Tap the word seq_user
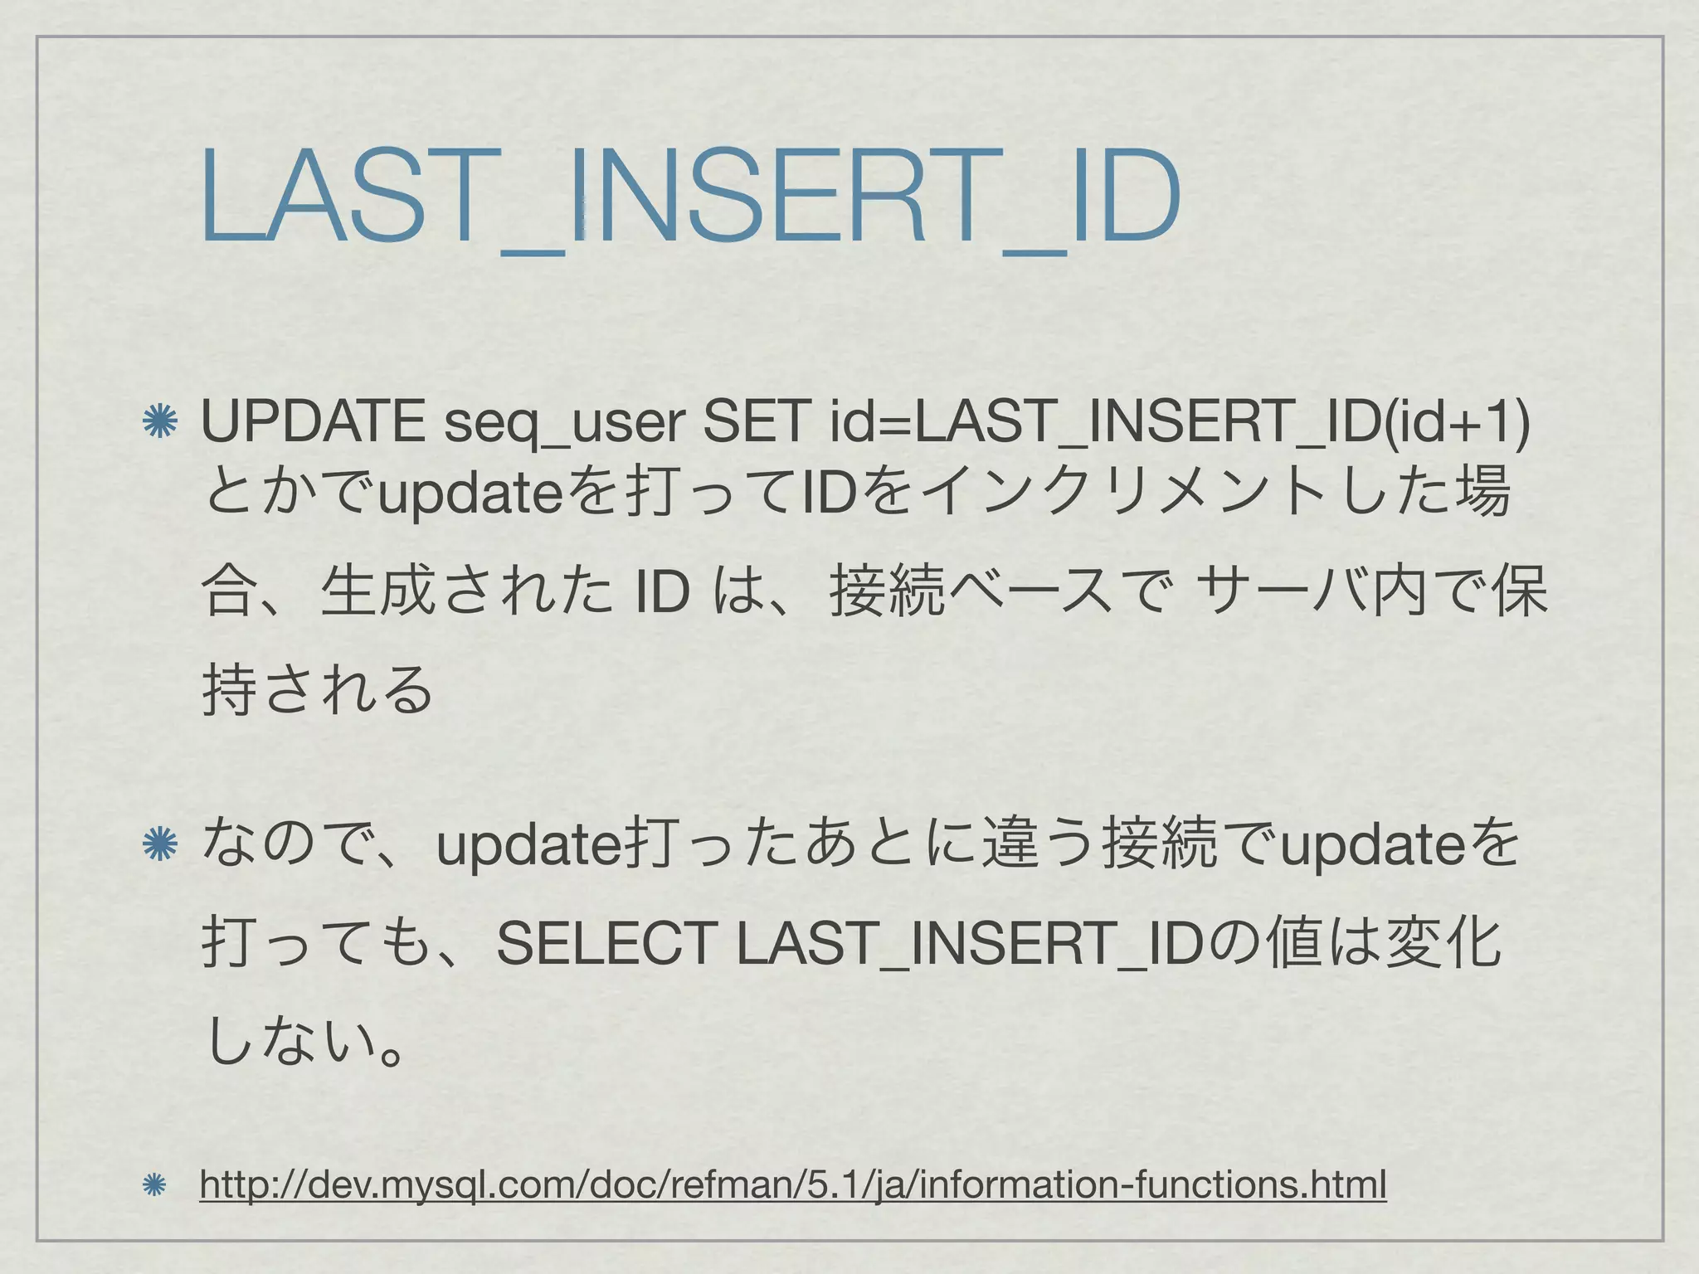[564, 423]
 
